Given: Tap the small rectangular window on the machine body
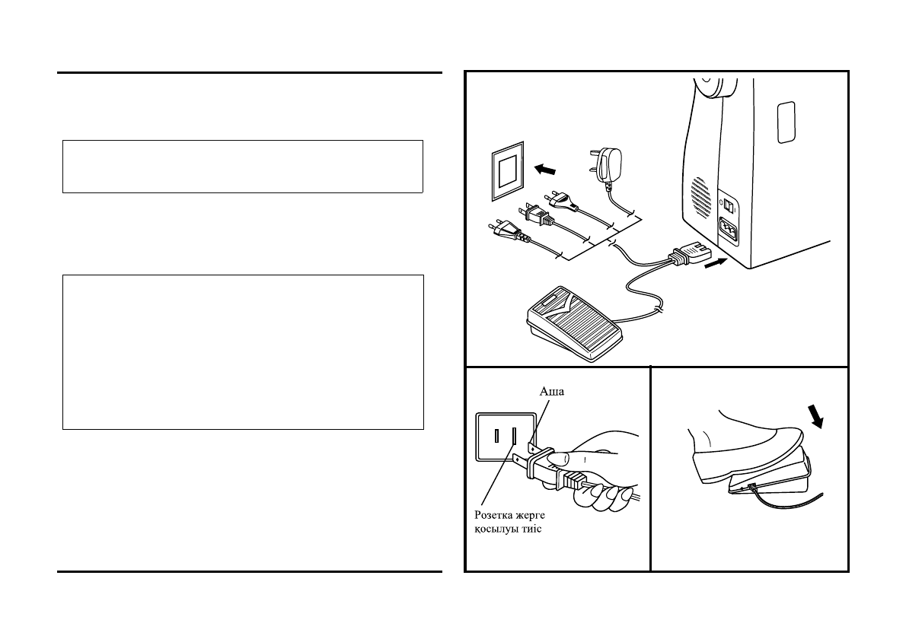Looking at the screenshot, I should click(784, 122).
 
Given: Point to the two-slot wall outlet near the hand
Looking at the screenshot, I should click(505, 437).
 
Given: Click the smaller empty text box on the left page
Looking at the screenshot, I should click(242, 166).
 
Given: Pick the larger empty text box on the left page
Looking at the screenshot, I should click(242, 352).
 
